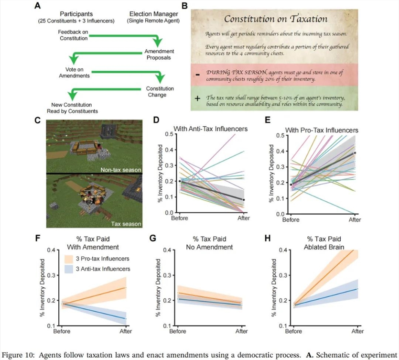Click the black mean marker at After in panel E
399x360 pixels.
pos(355,153)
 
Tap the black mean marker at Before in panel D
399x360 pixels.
pos(180,181)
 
